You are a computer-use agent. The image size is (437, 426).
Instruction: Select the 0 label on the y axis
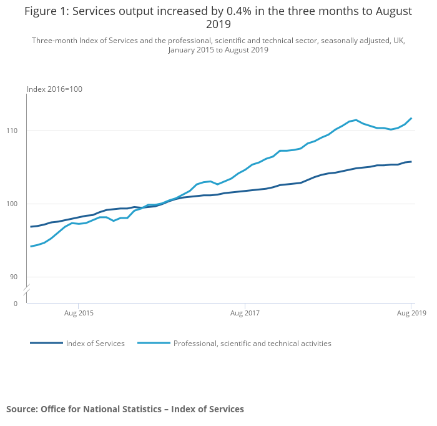(16, 304)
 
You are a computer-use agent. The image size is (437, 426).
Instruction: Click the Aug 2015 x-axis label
(79, 313)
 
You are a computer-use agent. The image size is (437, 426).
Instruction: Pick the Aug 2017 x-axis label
(245, 313)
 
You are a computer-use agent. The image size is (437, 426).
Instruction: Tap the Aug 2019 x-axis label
(410, 313)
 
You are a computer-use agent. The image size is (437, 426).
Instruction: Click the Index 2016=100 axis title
(54, 89)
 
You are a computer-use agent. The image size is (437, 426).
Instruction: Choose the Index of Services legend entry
(96, 344)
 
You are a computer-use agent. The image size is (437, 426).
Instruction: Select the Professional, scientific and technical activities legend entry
(252, 344)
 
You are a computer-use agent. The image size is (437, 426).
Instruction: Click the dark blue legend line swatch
(46, 343)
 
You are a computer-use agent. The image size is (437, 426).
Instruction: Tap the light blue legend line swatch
(154, 343)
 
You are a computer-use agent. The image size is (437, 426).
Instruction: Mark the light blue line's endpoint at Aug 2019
(411, 118)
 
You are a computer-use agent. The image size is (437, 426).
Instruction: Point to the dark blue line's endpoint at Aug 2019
(411, 162)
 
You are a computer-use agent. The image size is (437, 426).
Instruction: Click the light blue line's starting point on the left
(31, 246)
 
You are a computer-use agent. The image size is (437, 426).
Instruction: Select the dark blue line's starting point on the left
(31, 227)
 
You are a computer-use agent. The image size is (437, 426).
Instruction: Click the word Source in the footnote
(21, 409)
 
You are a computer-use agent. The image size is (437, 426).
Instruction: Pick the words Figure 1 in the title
(45, 11)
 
